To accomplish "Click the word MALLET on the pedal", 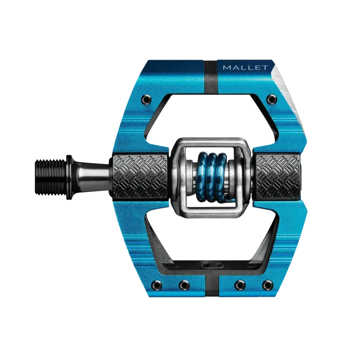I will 245,67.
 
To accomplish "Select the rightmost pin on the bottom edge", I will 268,284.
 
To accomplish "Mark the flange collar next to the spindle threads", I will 68,171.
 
